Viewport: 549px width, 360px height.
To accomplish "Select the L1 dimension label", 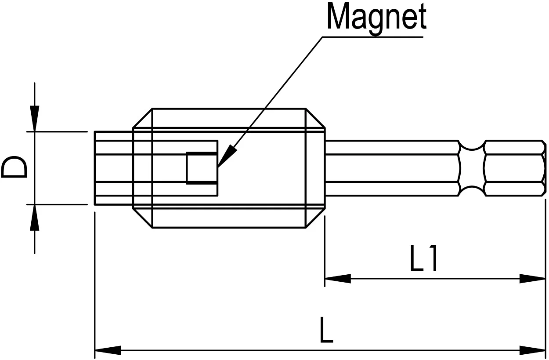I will [x=423, y=259].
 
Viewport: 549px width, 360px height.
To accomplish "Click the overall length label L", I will [x=326, y=332].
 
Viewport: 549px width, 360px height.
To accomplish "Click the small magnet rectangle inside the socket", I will [x=202, y=167].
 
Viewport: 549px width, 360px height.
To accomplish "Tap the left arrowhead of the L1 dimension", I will [x=337, y=279].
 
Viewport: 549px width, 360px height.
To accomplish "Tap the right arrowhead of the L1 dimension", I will [x=533, y=279].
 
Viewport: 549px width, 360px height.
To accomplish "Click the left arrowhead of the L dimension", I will [x=108, y=351].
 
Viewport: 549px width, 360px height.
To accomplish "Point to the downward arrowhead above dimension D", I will [x=35, y=118].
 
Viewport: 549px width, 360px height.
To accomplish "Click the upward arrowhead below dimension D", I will [x=35, y=218].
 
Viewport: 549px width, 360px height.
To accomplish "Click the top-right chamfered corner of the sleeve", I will [x=315, y=118].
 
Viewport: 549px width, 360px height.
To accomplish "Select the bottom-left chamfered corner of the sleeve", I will [x=142, y=218].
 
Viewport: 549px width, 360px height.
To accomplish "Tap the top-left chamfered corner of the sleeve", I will [x=142, y=118].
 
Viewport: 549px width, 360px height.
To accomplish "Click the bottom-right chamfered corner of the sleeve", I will [x=315, y=218].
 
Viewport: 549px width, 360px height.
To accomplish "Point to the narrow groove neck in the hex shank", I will [x=473, y=168].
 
